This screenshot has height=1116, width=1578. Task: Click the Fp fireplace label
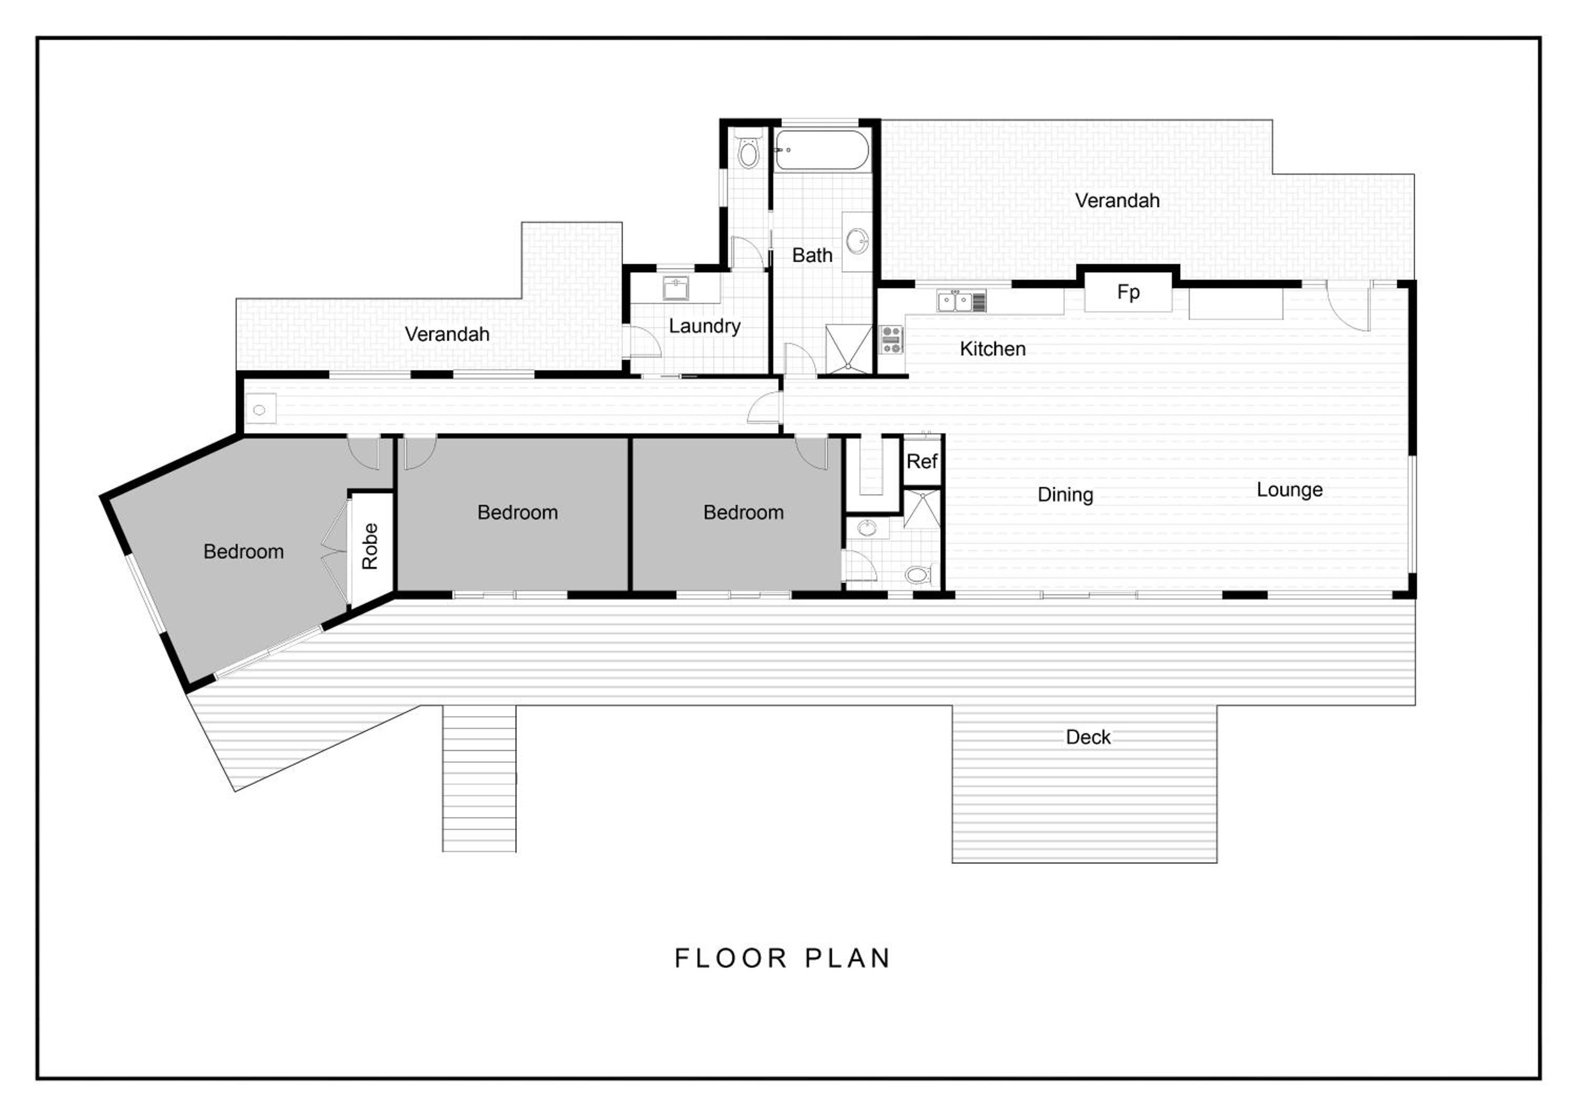(x=1128, y=293)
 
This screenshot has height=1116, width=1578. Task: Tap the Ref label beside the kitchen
(x=921, y=462)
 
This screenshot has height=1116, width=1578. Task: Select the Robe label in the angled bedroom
(x=370, y=546)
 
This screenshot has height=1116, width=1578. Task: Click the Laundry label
(x=704, y=327)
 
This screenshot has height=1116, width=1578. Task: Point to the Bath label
(x=812, y=256)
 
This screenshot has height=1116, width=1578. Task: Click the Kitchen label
(x=993, y=349)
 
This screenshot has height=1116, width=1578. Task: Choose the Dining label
(x=1065, y=495)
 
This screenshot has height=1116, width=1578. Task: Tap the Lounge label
(x=1289, y=491)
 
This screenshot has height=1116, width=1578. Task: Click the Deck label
(x=1088, y=737)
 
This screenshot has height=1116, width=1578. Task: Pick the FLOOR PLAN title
(x=782, y=958)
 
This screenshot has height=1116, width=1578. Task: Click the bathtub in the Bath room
(x=822, y=150)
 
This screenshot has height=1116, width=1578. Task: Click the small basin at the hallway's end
(x=260, y=410)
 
